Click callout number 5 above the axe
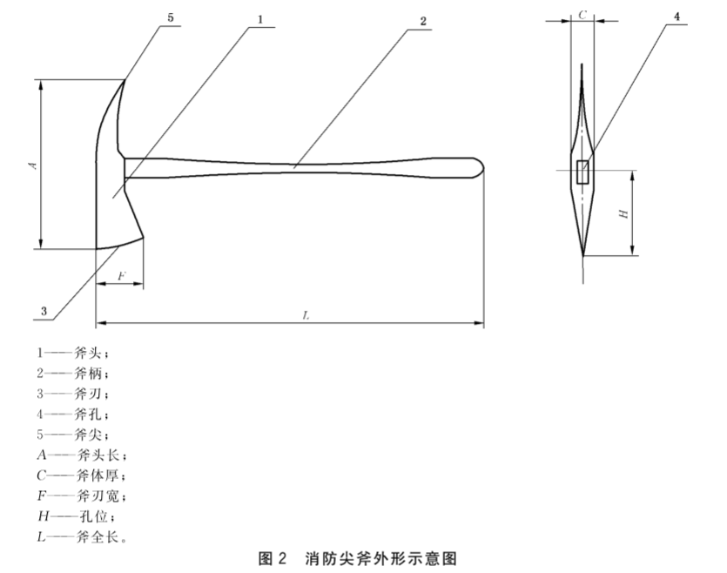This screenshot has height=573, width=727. pyautogui.click(x=171, y=17)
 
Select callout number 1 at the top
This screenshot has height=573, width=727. pyautogui.click(x=260, y=19)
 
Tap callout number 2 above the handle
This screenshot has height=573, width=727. pyautogui.click(x=423, y=21)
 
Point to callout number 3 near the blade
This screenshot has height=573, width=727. pyautogui.click(x=44, y=311)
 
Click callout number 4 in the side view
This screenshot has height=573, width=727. pyautogui.click(x=677, y=17)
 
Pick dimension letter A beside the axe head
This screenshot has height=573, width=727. pyautogui.click(x=33, y=165)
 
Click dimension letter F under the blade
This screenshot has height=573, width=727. pyautogui.click(x=122, y=276)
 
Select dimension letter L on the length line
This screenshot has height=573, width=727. pyautogui.click(x=306, y=316)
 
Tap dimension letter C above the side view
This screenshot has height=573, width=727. pyautogui.click(x=582, y=16)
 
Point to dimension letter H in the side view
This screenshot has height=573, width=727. pyautogui.click(x=624, y=213)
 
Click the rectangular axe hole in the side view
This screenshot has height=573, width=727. pyautogui.click(x=582, y=172)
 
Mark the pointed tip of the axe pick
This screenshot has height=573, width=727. pyautogui.click(x=125, y=80)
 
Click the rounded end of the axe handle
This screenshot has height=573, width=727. pyautogui.click(x=481, y=167)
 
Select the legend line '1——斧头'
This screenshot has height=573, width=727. pyautogui.click(x=73, y=354)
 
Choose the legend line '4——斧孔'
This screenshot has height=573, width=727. pyautogui.click(x=73, y=414)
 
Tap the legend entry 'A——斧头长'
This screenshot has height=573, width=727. pyautogui.click(x=82, y=455)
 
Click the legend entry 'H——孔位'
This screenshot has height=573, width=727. pyautogui.click(x=77, y=516)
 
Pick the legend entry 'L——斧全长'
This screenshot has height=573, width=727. pyautogui.click(x=82, y=537)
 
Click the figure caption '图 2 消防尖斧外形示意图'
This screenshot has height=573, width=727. pyautogui.click(x=358, y=558)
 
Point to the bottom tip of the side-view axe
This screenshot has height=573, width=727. pyautogui.click(x=583, y=255)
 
